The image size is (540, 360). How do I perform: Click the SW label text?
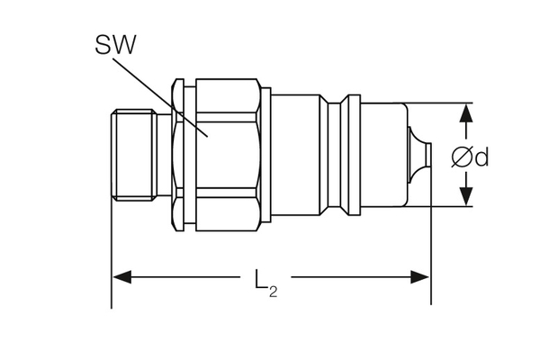(115, 46)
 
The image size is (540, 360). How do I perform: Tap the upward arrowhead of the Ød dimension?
(466, 113)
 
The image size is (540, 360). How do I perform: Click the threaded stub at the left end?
(132, 154)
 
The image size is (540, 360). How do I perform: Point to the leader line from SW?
(171, 99)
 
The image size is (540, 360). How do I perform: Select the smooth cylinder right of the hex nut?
(297, 154)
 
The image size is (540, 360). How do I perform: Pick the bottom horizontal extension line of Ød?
(445, 207)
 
